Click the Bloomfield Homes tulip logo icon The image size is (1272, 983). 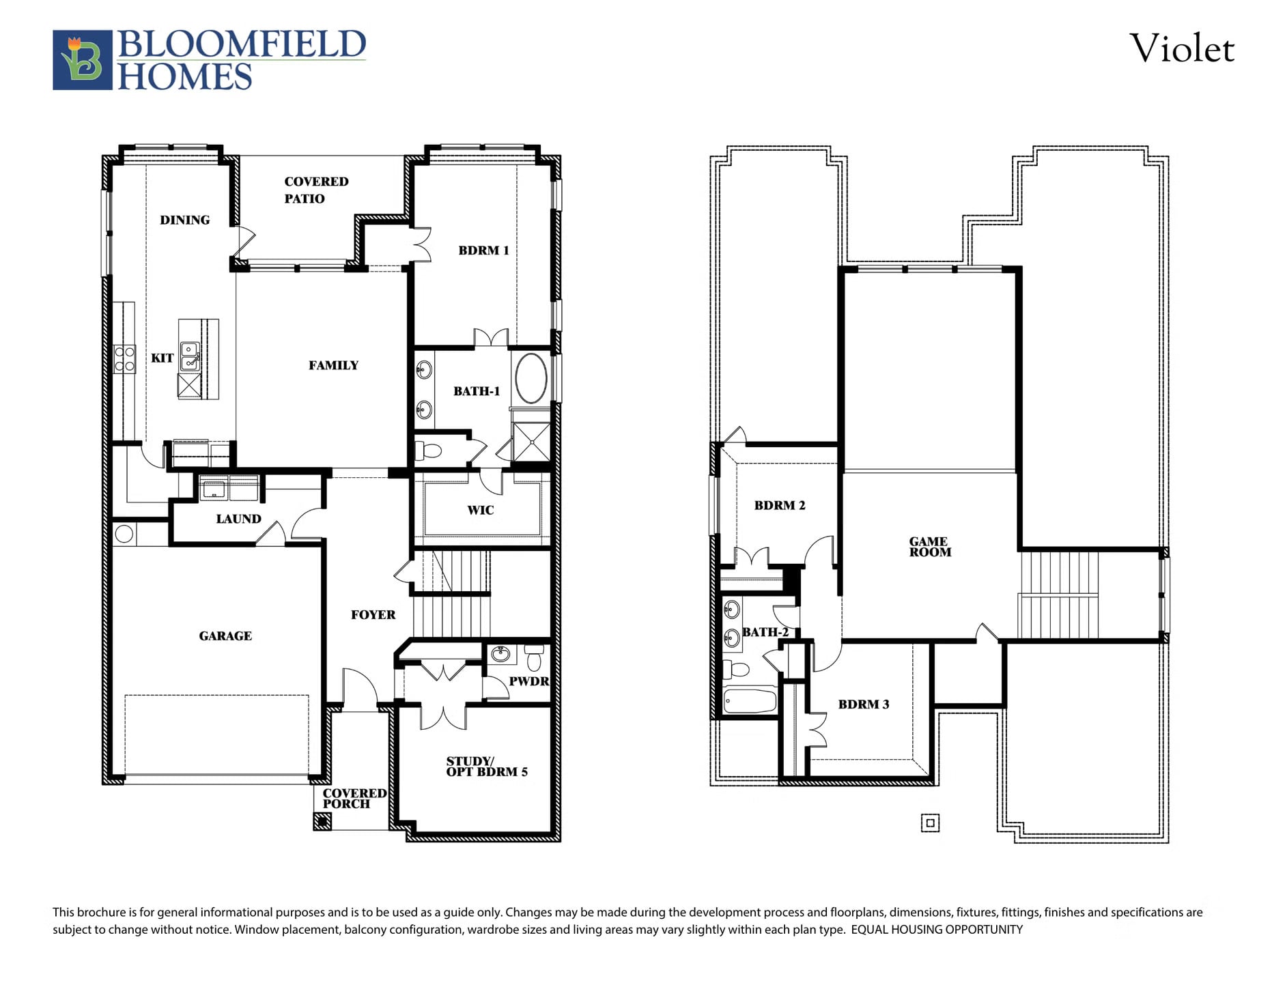pos(83,60)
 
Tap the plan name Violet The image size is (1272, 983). pos(1182,48)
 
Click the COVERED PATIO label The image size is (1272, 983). pos(316,190)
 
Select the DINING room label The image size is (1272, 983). pos(184,220)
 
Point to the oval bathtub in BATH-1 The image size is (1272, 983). pos(531,378)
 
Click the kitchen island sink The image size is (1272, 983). pos(190,356)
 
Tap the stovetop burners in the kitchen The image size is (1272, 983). pos(125,359)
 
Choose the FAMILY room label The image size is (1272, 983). pos(333,365)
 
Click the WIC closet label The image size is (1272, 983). pos(481,510)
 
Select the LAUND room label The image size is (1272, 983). pos(238,519)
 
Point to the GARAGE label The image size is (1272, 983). pos(225,636)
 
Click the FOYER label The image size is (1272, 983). pos(373,614)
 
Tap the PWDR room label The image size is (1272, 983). pos(529,681)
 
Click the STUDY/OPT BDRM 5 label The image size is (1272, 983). pos(487,766)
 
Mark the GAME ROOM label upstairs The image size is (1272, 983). pos(930,547)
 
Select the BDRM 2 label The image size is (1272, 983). pos(780,505)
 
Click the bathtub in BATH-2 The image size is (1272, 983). pos(750,701)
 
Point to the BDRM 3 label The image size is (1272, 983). pos(864,704)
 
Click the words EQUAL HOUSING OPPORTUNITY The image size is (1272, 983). pos(937,930)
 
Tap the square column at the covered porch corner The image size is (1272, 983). pos(322,821)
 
